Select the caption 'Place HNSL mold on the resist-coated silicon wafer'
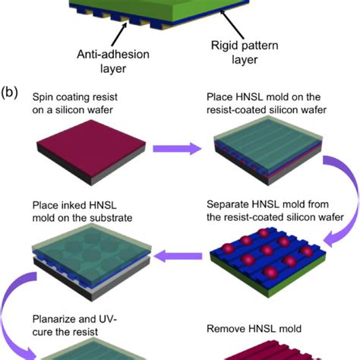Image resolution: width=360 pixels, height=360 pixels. coord(267,105)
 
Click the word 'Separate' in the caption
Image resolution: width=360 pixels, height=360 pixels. coord(226,205)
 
